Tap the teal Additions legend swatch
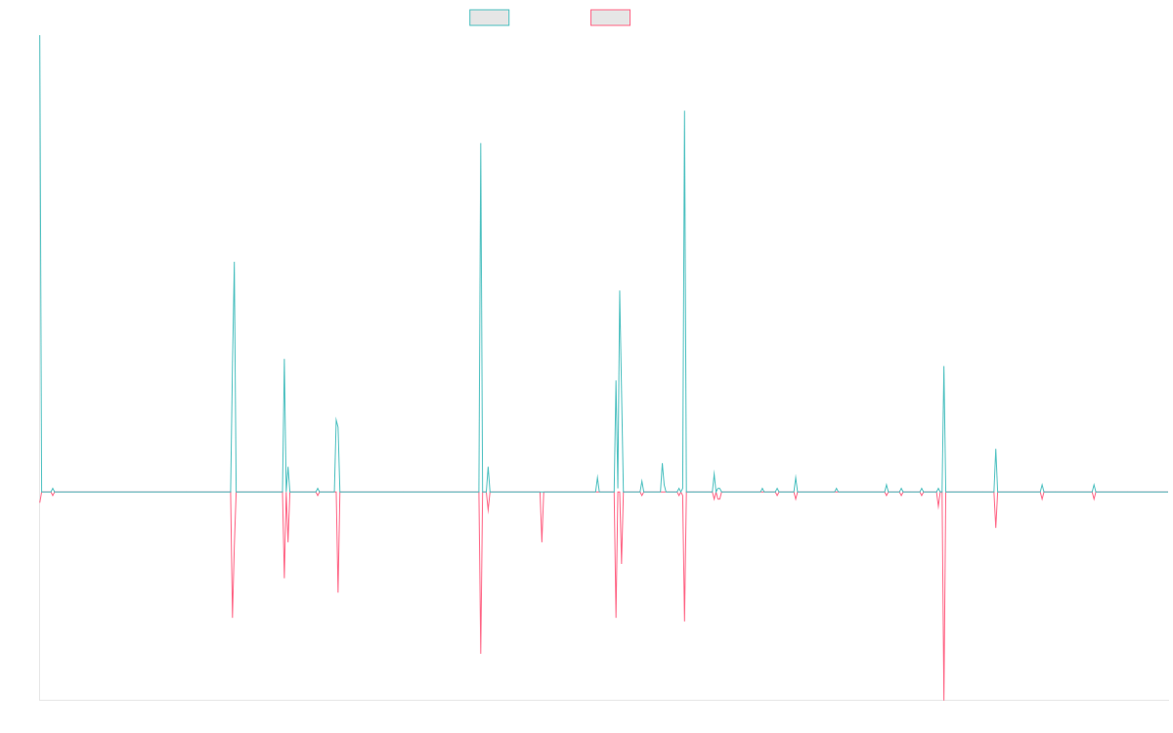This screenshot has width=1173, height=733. [490, 18]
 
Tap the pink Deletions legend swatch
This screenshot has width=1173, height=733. [610, 18]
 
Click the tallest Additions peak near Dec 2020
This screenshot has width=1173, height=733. [684, 111]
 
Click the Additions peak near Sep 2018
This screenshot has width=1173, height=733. [481, 144]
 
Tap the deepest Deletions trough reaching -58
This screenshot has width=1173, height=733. [944, 699]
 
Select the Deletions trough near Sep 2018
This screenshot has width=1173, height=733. [481, 653]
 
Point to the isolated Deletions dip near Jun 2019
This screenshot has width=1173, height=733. [542, 540]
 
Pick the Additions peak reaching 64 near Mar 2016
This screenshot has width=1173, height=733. [235, 262]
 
